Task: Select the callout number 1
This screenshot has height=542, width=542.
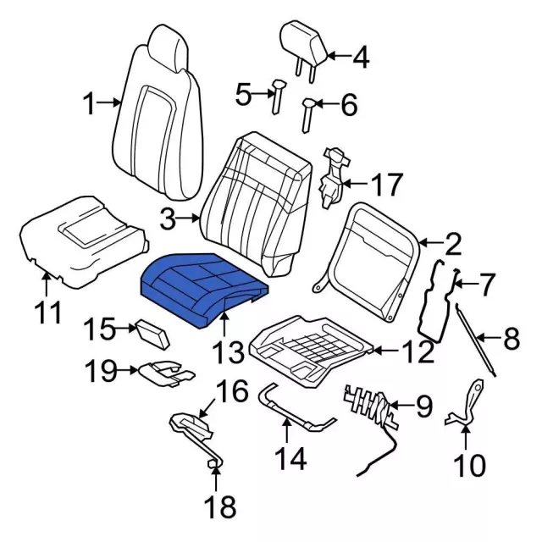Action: coord(90,105)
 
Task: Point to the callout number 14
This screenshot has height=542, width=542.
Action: coord(285,462)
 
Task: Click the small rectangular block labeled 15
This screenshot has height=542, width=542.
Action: coord(152,332)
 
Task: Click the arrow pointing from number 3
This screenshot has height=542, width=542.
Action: coord(191,220)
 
